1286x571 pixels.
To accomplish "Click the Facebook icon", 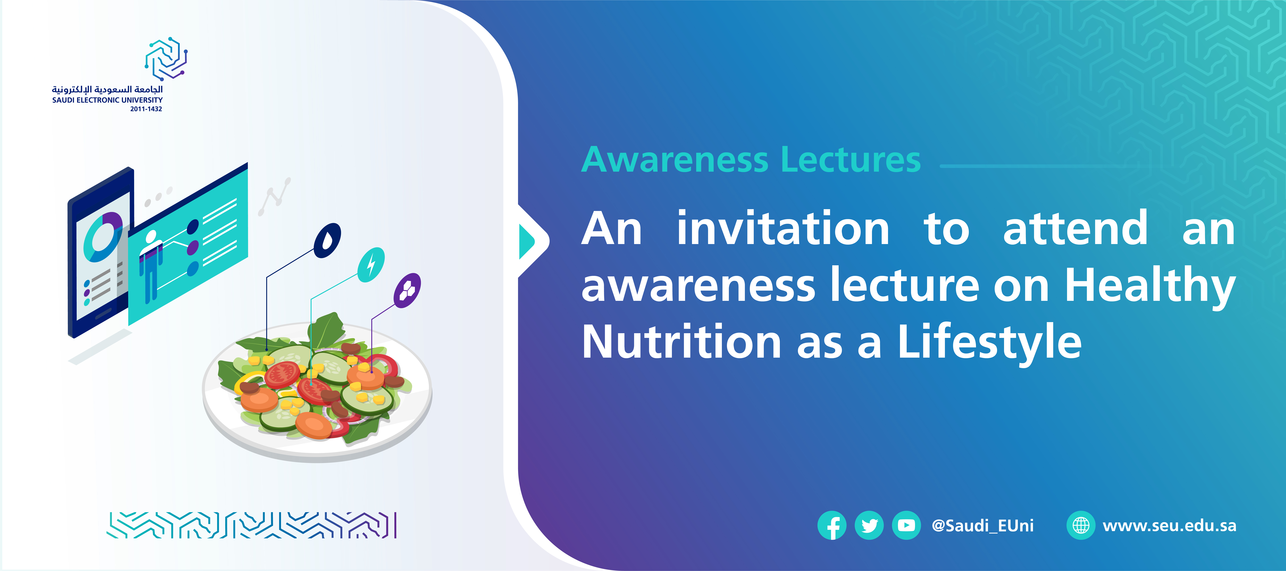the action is click(832, 526).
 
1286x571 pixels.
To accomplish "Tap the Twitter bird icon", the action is click(869, 526).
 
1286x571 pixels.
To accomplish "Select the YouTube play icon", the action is click(906, 526).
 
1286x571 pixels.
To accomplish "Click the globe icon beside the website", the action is click(1081, 526).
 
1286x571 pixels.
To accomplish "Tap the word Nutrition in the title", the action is click(681, 342).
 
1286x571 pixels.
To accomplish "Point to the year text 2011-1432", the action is click(146, 109).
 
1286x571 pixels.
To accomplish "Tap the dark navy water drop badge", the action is click(328, 241).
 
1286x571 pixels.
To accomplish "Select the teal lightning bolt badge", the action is click(371, 264).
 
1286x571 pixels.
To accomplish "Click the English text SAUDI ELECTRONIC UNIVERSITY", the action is click(107, 100).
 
